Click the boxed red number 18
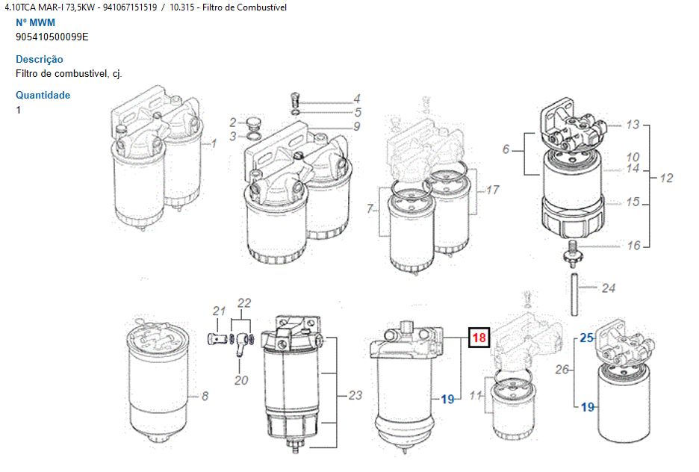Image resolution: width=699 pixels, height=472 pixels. (x=479, y=337)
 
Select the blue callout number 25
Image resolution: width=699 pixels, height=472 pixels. (x=586, y=338)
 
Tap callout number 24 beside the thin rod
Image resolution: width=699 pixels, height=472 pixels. (x=608, y=288)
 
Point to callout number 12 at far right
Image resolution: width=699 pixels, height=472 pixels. (x=666, y=178)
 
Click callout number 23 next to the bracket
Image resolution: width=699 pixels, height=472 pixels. (x=355, y=395)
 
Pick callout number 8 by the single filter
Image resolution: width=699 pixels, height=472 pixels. (x=205, y=396)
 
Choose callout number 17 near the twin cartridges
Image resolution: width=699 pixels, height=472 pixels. (x=492, y=190)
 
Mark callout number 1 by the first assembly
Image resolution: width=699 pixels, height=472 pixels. (x=214, y=143)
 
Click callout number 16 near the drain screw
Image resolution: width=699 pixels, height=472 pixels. (x=633, y=245)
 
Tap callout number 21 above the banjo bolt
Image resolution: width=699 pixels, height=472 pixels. (x=219, y=311)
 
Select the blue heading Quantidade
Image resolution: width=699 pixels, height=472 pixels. (x=43, y=95)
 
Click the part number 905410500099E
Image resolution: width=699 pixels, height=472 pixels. (x=52, y=37)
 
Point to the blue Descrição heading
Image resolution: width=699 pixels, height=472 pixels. (x=40, y=59)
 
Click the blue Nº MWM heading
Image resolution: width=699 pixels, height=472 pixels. (x=35, y=22)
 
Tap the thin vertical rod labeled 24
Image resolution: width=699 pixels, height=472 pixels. (x=574, y=294)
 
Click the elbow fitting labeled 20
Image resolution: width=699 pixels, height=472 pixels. (x=242, y=344)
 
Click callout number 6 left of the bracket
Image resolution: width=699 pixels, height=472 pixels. (x=506, y=149)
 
